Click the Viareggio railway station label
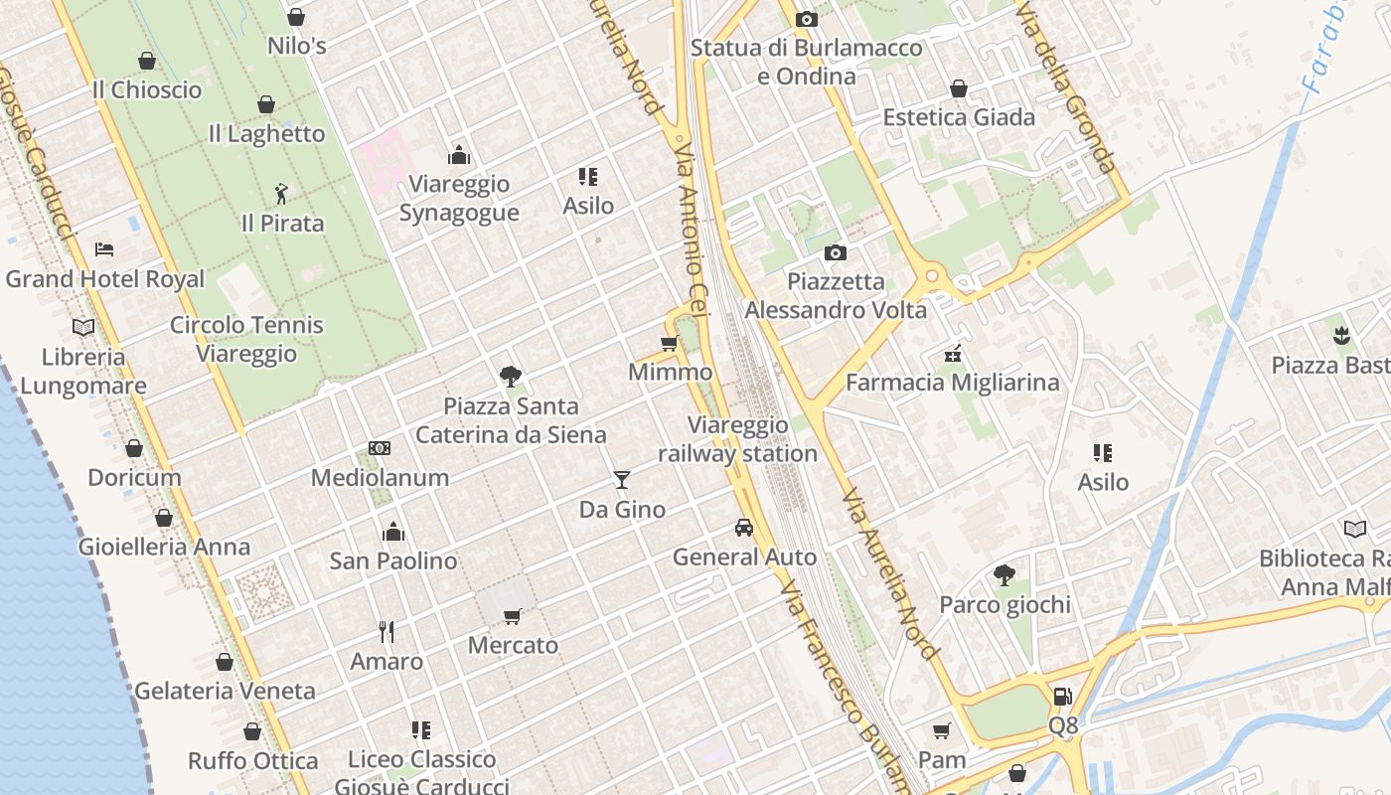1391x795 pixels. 737,439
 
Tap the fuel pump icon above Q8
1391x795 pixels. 1062,697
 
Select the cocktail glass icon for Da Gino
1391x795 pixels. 622,481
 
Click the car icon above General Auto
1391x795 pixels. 744,528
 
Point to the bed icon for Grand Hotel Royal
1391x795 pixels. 104,249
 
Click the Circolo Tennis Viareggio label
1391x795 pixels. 246,339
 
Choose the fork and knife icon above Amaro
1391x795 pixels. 386,631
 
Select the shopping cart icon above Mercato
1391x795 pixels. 513,617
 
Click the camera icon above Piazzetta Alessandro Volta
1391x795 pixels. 835,253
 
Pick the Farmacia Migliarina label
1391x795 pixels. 952,383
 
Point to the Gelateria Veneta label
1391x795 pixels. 225,691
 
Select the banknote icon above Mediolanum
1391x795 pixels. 379,448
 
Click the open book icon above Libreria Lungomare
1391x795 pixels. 83,327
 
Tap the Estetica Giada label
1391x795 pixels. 959,117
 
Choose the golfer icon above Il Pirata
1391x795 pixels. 282,193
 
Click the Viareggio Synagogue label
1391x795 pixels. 459,198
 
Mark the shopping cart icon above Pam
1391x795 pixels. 941,730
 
